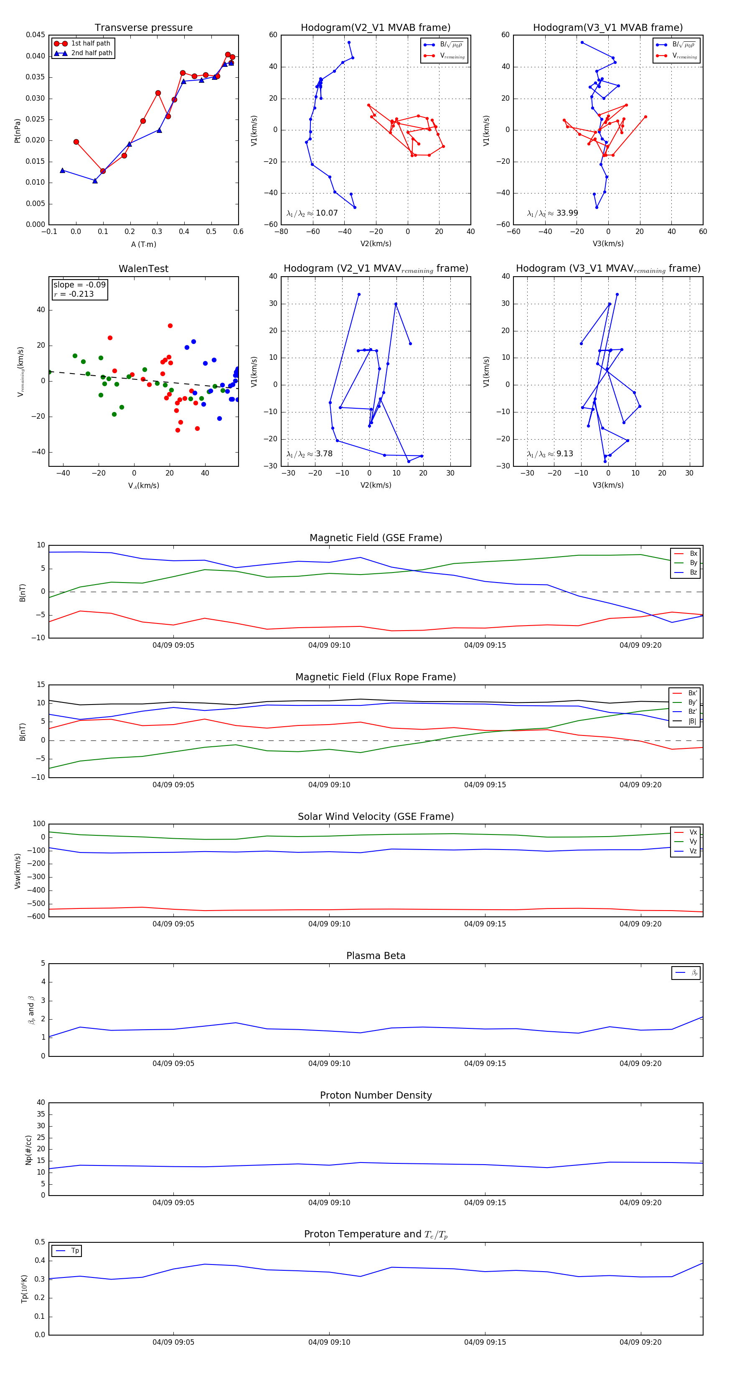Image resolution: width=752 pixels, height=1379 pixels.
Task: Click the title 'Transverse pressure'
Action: (x=143, y=28)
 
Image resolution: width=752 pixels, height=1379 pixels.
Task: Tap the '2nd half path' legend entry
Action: (x=91, y=53)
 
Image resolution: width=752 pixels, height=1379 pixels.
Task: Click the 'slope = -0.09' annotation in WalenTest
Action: (x=79, y=285)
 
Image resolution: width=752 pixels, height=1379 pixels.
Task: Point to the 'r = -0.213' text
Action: (x=74, y=294)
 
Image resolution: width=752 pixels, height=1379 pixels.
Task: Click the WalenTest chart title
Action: (x=143, y=269)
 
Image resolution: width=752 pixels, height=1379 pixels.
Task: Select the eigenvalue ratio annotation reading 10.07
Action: (x=312, y=213)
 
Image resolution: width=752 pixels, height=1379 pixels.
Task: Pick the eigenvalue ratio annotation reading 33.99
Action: (x=553, y=213)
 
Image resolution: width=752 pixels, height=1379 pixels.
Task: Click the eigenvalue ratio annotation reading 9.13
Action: (x=550, y=454)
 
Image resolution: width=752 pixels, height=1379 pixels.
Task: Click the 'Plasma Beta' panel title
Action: (x=376, y=956)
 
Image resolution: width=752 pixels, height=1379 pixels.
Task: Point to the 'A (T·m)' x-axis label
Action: (x=143, y=244)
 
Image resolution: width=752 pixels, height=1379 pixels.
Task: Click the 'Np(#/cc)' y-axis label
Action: (x=28, y=1150)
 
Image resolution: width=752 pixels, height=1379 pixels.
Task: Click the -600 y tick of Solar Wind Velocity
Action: (x=38, y=916)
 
